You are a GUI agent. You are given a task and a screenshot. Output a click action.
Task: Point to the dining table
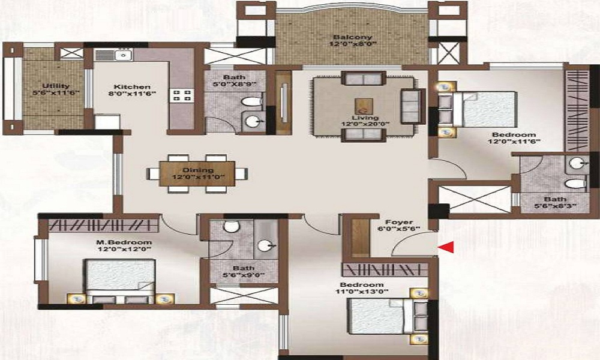[197, 173]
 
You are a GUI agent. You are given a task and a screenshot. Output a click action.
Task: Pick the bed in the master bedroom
[120, 280]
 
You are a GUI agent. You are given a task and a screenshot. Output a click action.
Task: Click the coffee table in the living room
[362, 106]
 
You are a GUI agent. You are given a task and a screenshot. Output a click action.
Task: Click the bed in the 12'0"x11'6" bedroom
[483, 109]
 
